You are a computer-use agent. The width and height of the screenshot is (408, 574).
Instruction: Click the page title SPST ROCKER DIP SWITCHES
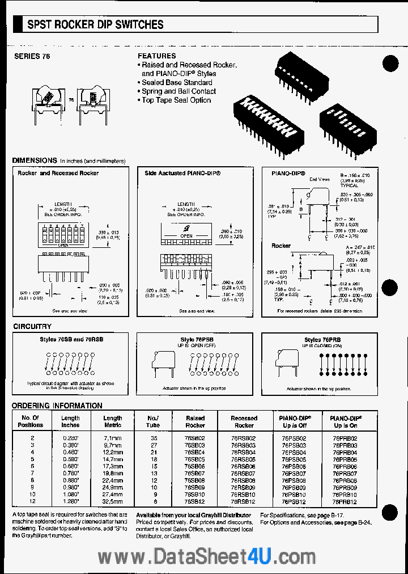click(x=96, y=24)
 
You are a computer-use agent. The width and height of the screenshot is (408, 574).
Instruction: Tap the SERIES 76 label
click(x=28, y=56)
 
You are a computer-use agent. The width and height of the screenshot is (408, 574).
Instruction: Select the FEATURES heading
click(x=157, y=56)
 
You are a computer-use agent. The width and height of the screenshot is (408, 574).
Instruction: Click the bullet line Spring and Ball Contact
click(x=178, y=91)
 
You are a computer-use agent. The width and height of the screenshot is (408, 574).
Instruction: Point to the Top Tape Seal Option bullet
click(x=176, y=100)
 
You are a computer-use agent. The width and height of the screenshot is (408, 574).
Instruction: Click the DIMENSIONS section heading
click(x=35, y=161)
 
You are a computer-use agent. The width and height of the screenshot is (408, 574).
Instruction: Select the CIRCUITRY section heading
click(x=32, y=327)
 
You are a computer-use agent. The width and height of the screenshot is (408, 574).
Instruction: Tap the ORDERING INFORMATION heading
click(x=57, y=406)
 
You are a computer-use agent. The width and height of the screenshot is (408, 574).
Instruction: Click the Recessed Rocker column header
click(x=244, y=421)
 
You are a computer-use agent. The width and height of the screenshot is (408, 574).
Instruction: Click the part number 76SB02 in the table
click(x=195, y=438)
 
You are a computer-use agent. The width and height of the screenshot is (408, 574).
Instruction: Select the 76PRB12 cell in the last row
click(x=345, y=502)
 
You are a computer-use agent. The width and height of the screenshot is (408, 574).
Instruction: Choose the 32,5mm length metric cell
click(x=112, y=502)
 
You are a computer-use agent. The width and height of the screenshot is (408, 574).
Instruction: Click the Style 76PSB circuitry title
click(x=197, y=340)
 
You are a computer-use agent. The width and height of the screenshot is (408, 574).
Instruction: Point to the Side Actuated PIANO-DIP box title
click(x=182, y=173)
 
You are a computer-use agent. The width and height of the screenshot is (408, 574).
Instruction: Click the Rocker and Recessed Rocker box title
click(x=58, y=173)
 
